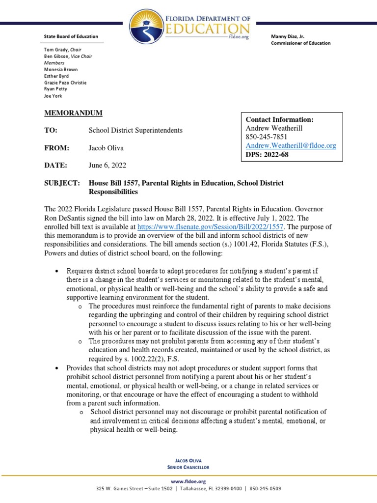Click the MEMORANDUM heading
coord(73,113)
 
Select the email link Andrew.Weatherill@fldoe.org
coord(291,146)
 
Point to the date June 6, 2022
coord(107,165)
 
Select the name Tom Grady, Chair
coord(63,50)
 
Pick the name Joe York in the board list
coord(52,96)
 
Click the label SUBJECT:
coord(62,183)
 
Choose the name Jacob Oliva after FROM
coord(107,148)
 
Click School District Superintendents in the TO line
coord(135,130)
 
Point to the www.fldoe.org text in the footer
coord(188,481)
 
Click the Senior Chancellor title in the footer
coord(188,468)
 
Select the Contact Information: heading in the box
coord(279,119)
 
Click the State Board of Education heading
coord(71,36)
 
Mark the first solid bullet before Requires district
coord(58,272)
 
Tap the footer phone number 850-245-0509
coord(266,489)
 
